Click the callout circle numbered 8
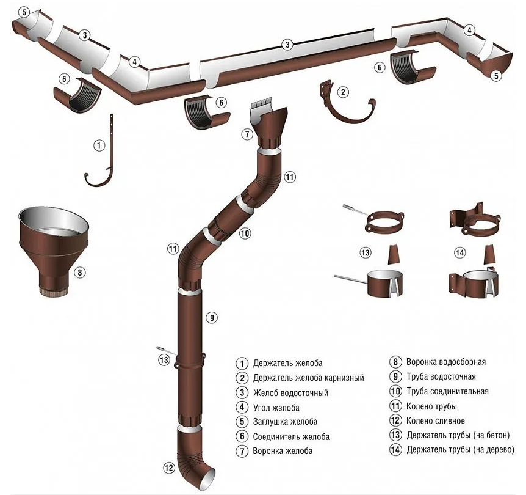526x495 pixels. tap(79, 272)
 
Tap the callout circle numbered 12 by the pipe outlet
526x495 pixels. tap(170, 468)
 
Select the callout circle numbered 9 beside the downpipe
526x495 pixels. tap(212, 317)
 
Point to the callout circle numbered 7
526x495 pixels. tap(247, 134)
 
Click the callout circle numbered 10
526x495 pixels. tap(245, 233)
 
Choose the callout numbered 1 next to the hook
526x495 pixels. tap(99, 145)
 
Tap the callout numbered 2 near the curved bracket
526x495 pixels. tap(343, 92)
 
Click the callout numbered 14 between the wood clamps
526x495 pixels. tap(459, 253)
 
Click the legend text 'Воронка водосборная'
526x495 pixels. tap(446, 362)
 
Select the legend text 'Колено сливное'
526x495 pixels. tap(436, 420)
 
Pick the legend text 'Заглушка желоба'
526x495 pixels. tap(285, 422)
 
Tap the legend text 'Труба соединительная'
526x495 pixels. tap(447, 392)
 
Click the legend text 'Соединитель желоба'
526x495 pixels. tap(291, 437)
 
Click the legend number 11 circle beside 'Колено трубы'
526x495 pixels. tap(395, 406)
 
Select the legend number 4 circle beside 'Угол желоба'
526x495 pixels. tap(242, 407)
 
